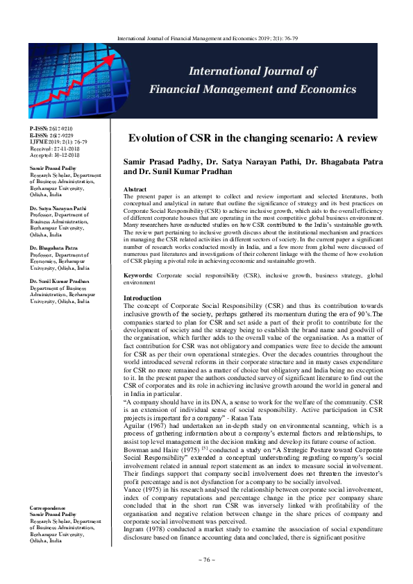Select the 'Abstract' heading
pyautogui.click(x=134, y=189)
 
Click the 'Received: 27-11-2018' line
pyautogui.click(x=51, y=148)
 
